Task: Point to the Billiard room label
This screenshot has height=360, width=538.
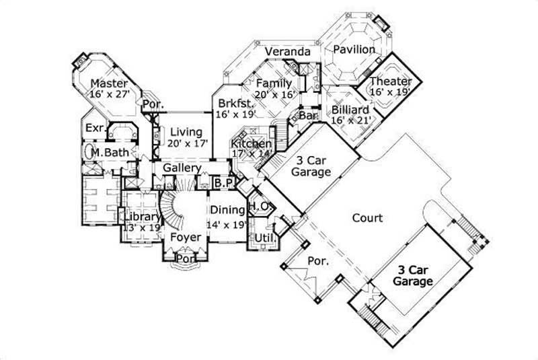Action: [350, 110]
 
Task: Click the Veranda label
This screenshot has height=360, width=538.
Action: [287, 52]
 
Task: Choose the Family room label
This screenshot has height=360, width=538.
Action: [274, 83]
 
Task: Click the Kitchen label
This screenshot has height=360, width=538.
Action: [251, 144]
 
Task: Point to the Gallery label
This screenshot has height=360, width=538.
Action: [182, 168]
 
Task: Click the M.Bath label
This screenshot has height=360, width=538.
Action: [109, 153]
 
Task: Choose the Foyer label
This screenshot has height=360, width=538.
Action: [186, 238]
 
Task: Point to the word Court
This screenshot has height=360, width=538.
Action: [367, 218]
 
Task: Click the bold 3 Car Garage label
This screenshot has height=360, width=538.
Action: [413, 276]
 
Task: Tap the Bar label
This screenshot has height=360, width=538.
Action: [308, 116]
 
